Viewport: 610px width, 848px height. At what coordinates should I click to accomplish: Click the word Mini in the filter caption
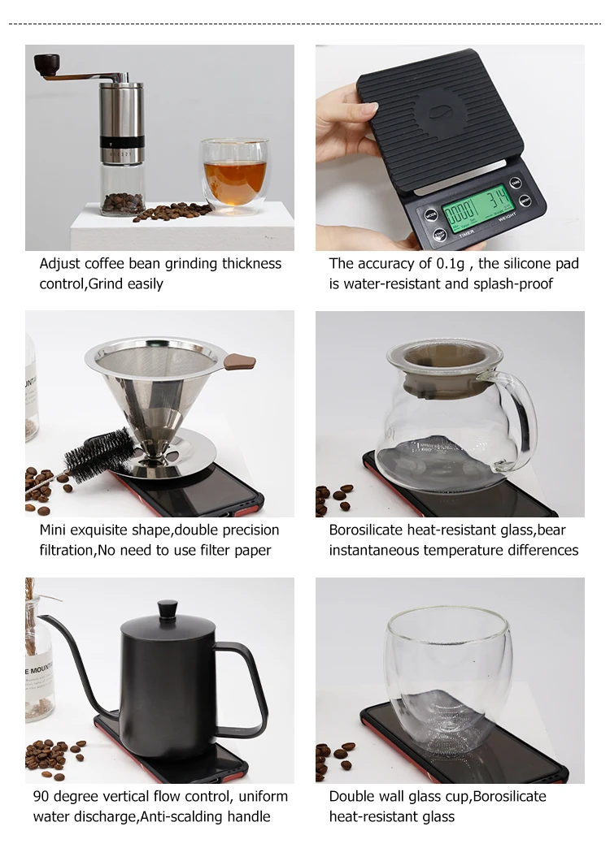point(54,530)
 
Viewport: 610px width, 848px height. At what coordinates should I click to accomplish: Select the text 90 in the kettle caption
point(41,797)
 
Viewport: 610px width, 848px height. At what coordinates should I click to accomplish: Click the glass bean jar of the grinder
point(121,189)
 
